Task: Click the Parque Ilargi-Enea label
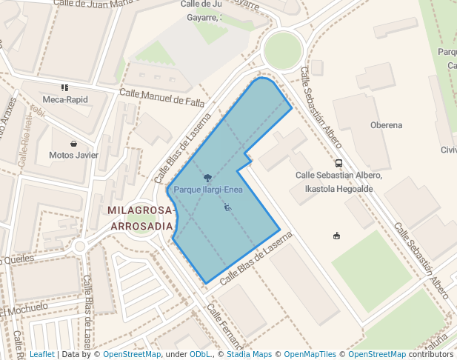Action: (208, 190)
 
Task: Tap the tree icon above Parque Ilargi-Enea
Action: (208, 178)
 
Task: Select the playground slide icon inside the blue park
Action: (227, 207)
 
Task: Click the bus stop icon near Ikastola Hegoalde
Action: (338, 163)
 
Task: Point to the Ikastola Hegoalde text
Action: (338, 189)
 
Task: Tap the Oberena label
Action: (386, 125)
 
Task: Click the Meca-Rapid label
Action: (65, 99)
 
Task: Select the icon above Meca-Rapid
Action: (65, 87)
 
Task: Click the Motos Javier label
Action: (73, 156)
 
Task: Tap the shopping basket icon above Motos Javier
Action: (73, 144)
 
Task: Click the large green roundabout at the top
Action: (283, 50)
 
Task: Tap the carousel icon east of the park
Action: (337, 236)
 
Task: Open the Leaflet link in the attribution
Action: (41, 354)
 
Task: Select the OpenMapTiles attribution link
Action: (311, 354)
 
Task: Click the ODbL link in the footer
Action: (201, 354)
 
